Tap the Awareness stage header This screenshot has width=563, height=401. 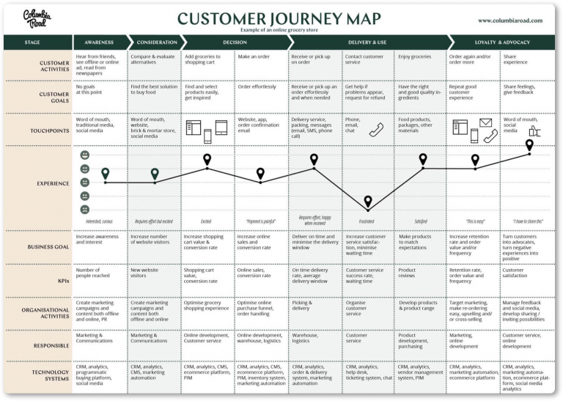(99, 43)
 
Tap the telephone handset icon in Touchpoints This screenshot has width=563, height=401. (376, 130)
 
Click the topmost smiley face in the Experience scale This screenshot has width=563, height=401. (85, 155)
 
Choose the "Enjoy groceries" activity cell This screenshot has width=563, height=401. (415, 56)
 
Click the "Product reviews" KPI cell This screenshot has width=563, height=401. (408, 273)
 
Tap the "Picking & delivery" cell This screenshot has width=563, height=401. (302, 306)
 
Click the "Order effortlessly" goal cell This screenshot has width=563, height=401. (257, 87)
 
